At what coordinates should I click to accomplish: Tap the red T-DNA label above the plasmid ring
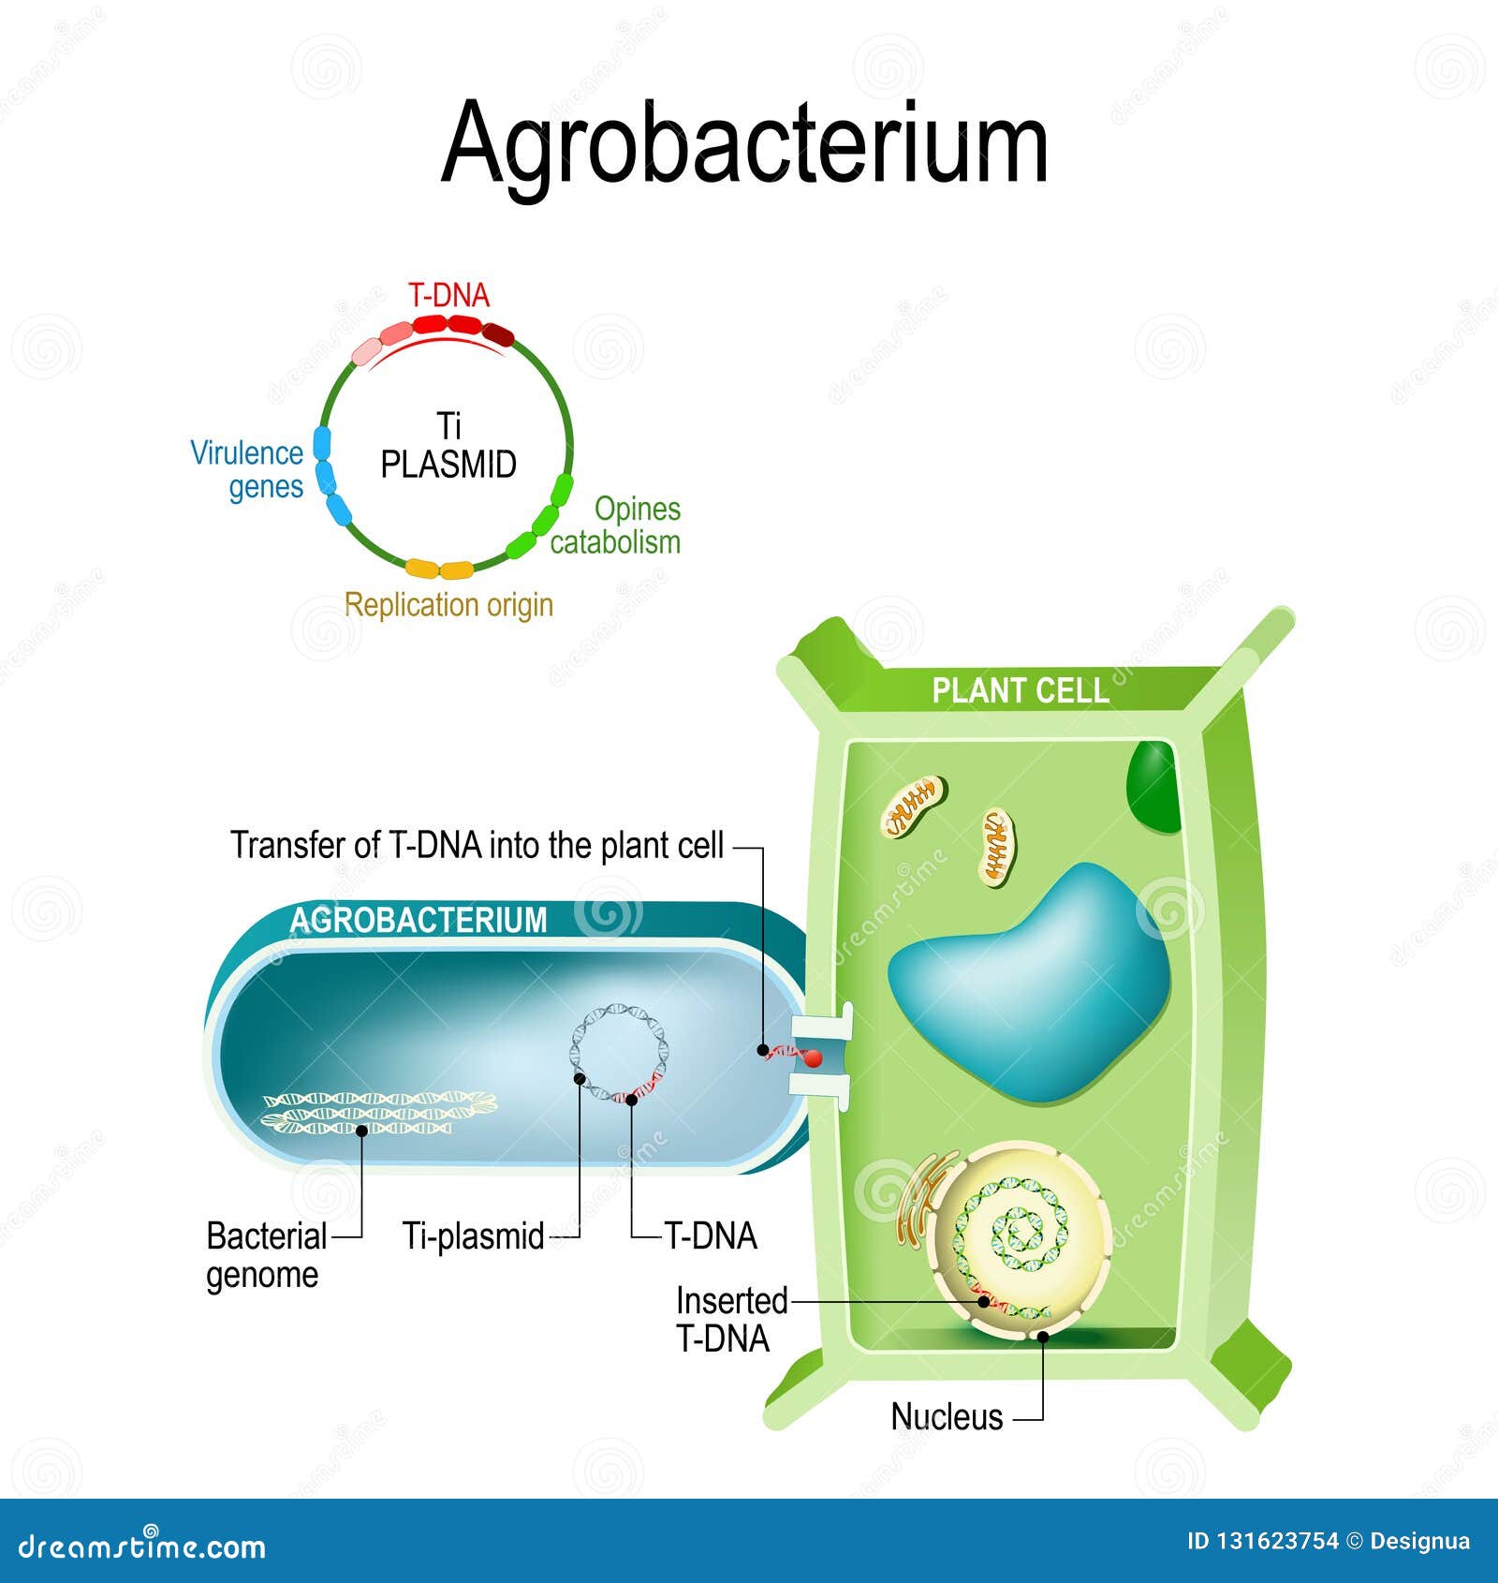pos(449,296)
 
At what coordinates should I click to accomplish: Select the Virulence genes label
pos(247,469)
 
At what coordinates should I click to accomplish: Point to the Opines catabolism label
pos(615,525)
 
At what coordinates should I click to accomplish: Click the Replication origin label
pos(448,605)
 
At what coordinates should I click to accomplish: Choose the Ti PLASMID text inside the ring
pos(448,446)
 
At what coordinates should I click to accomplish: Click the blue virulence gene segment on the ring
pos(330,476)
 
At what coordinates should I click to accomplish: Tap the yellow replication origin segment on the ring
pos(439,568)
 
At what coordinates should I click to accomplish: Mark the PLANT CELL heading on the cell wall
pos(1021,691)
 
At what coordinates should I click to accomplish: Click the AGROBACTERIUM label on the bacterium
pos(419,920)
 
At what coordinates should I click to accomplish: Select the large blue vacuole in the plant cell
pos(1030,982)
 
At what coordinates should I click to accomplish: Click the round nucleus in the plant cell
pos(1023,1239)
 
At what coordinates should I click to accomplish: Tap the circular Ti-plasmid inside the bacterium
pos(619,1052)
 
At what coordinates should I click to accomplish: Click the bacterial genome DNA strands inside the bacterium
pos(378,1112)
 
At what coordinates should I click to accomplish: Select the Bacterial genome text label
pos(267,1255)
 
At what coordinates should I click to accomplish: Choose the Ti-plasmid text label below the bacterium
pos(473,1236)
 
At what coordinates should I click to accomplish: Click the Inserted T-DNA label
pos(731,1319)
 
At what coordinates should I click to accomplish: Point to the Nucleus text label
pos(947,1416)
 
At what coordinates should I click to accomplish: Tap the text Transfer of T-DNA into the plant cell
pos(477,846)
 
